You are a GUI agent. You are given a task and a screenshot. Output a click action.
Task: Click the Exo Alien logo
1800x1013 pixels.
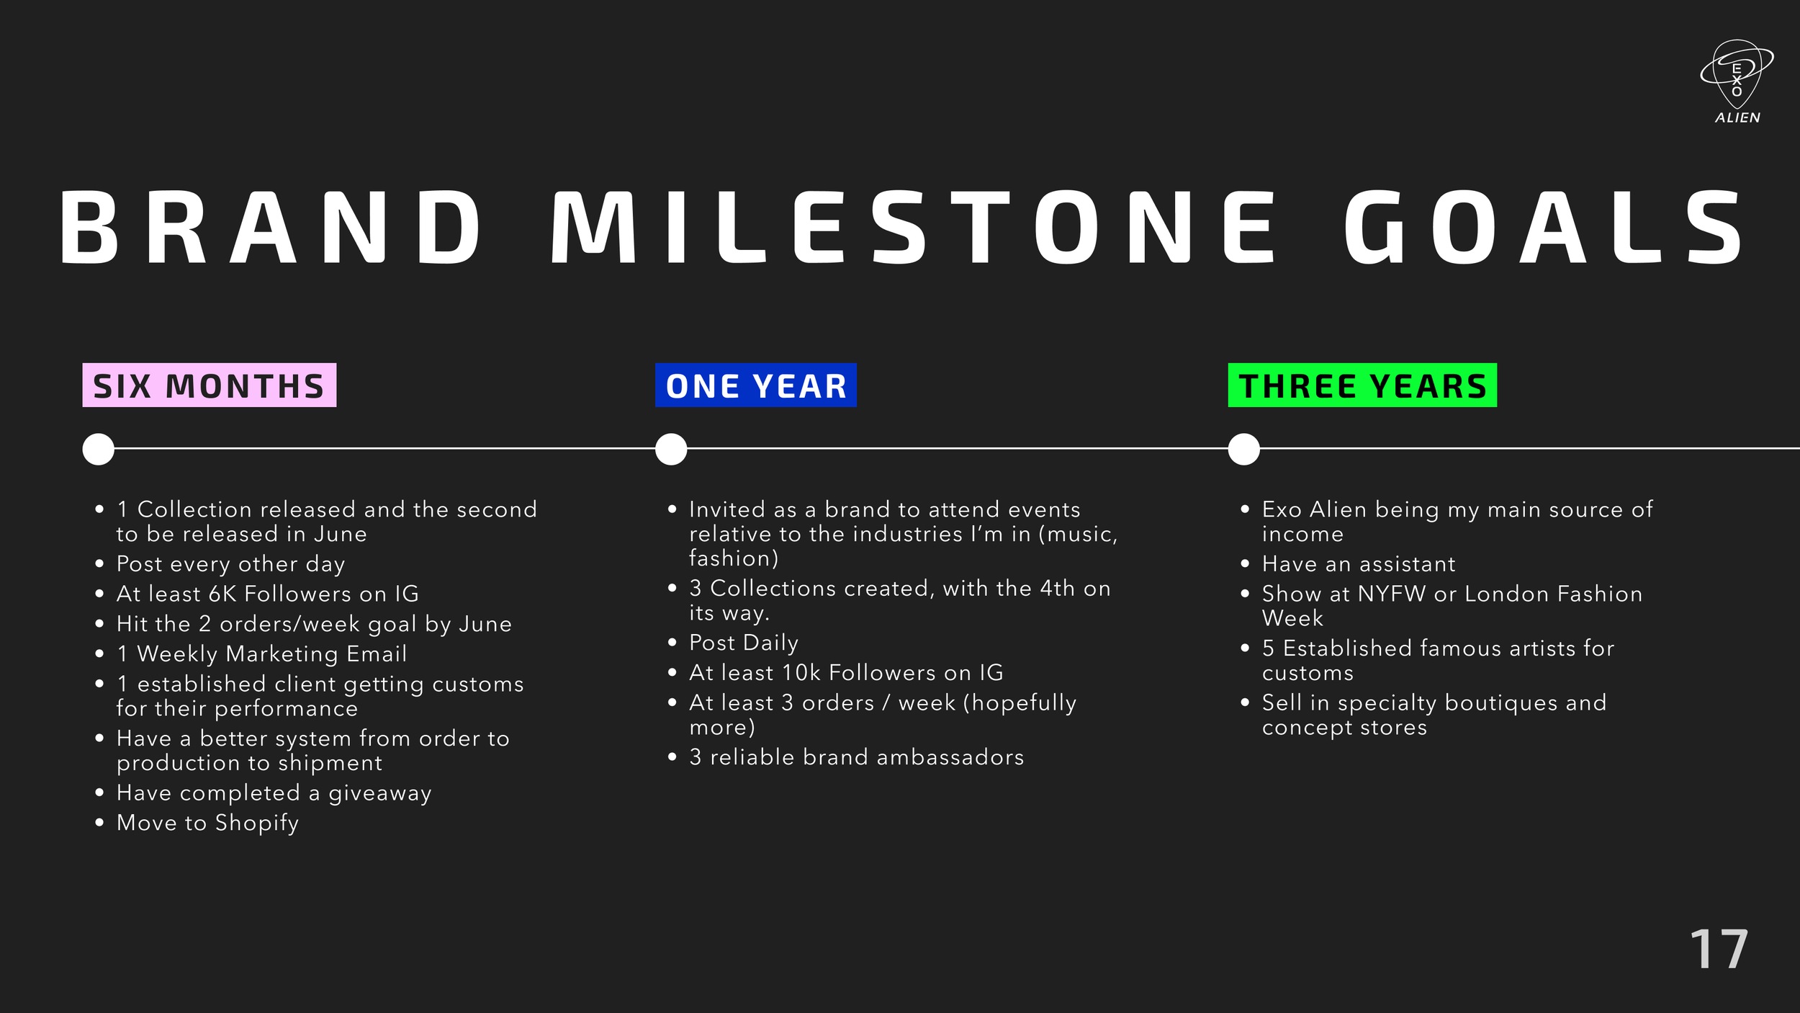pos(1737,81)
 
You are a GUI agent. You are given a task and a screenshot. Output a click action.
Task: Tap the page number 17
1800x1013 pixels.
pos(1719,949)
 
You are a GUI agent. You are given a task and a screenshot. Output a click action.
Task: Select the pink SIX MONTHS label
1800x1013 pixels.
pos(210,385)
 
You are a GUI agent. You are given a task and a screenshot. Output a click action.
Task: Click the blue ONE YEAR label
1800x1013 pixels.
pos(756,385)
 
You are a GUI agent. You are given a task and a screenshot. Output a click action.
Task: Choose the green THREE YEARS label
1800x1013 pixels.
pos(1362,385)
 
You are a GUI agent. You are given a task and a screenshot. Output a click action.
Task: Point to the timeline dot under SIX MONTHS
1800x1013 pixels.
pos(99,449)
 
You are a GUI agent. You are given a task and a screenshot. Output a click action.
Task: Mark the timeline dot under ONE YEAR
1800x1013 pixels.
pos(671,449)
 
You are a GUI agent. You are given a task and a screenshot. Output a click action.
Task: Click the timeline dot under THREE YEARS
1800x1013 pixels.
pos(1243,449)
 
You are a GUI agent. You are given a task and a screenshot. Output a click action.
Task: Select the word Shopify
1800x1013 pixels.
pos(256,824)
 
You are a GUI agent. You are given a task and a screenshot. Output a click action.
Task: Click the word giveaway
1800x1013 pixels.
pos(380,793)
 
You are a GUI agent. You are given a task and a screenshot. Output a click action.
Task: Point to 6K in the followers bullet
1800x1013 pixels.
pos(222,594)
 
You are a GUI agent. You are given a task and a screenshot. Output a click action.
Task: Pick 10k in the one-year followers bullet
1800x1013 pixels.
pos(801,673)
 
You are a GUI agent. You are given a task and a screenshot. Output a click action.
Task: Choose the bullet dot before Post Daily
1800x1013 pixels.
pos(672,642)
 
